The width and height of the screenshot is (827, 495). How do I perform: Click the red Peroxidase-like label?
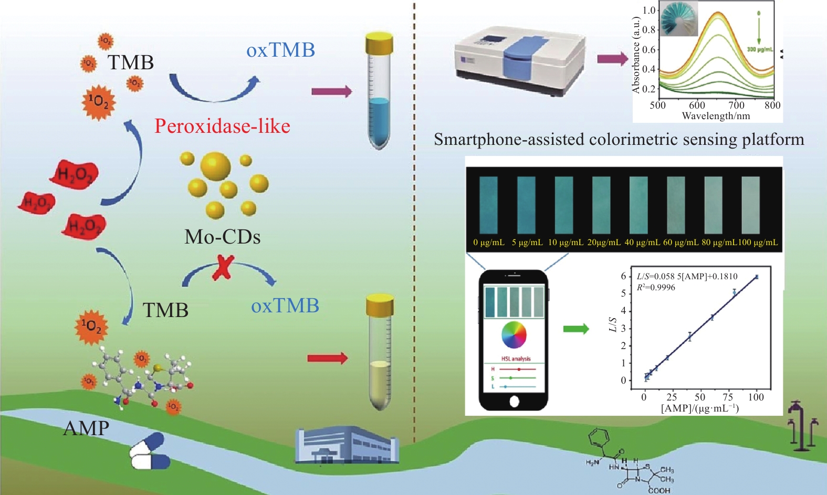pyautogui.click(x=222, y=126)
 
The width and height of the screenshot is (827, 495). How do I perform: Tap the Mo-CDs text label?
pyautogui.click(x=222, y=237)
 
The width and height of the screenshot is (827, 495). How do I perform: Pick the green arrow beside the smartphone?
pyautogui.click(x=576, y=329)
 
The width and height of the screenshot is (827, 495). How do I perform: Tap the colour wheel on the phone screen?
pyautogui.click(x=514, y=335)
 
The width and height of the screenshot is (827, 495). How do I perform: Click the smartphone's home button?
pyautogui.click(x=514, y=402)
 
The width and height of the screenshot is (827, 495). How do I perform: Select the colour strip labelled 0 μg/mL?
pyautogui.click(x=488, y=204)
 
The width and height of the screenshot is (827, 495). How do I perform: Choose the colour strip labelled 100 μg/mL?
pyautogui.click(x=750, y=204)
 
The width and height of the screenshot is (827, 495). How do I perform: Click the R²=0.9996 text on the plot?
pyautogui.click(x=656, y=287)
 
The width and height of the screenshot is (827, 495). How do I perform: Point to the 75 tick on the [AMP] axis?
pyautogui.click(x=728, y=397)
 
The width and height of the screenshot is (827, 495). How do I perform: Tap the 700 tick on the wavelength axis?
pyautogui.click(x=736, y=105)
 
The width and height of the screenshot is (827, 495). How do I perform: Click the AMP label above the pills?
pyautogui.click(x=86, y=428)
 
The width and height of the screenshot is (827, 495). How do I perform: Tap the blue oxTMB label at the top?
pyautogui.click(x=280, y=50)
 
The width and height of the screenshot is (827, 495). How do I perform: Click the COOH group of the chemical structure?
pyautogui.click(x=659, y=490)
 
